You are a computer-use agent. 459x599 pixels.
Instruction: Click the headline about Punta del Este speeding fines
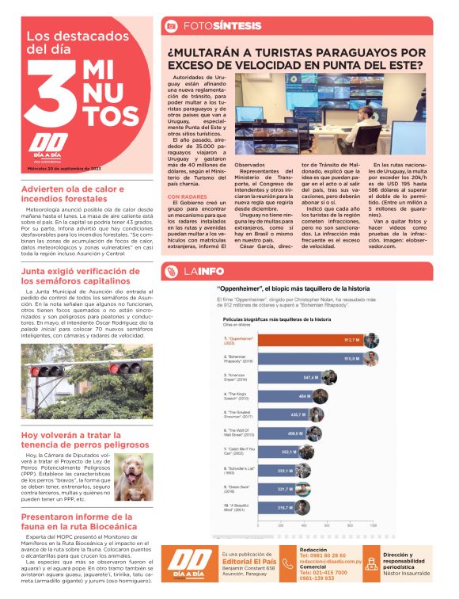tap(296, 58)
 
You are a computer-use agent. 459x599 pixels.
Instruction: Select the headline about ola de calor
tap(73, 195)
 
